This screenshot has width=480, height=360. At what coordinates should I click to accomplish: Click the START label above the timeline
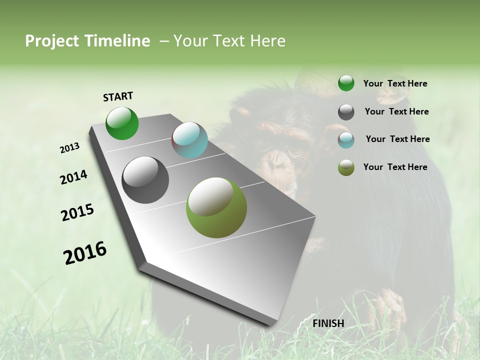118,96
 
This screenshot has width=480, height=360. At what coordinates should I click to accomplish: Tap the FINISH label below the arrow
328,323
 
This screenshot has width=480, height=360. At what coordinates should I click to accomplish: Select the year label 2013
69,148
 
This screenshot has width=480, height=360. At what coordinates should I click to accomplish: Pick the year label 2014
73,177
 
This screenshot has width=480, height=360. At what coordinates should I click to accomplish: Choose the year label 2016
85,252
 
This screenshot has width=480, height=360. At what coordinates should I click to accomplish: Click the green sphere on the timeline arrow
122,123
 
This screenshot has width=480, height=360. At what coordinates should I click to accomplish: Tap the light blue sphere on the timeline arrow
189,140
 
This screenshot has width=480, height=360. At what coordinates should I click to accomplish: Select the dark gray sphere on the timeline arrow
145,180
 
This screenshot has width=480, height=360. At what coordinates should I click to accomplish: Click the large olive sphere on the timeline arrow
216,207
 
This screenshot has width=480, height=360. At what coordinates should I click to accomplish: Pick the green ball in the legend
346,83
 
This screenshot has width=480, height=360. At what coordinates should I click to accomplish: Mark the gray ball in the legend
346,112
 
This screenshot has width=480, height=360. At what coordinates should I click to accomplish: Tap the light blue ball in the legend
346,140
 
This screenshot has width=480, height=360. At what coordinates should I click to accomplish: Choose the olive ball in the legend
346,167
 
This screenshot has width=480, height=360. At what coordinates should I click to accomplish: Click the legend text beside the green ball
395,84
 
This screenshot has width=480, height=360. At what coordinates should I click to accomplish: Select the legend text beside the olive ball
395,167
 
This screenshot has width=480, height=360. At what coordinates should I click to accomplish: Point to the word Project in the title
52,41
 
